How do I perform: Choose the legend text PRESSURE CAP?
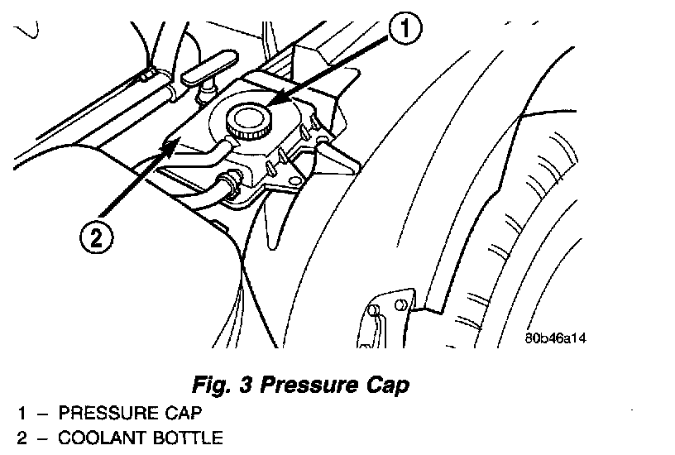tap(129, 412)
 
